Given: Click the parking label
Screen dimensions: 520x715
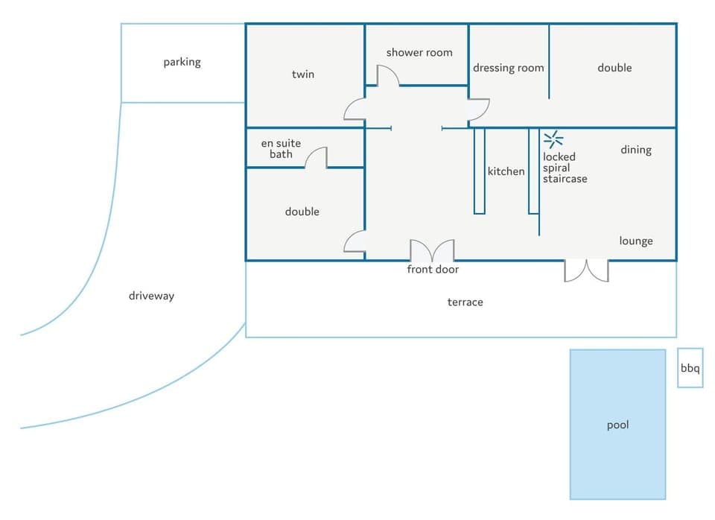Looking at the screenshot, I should click(x=182, y=62).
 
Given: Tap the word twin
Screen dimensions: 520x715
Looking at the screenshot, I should click(x=303, y=74).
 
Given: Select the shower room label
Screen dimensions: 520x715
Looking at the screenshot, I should click(x=419, y=52).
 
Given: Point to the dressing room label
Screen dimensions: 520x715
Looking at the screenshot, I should click(x=509, y=68).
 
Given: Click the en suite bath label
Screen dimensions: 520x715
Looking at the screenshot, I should click(x=281, y=148).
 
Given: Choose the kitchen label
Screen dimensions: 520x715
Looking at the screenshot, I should click(x=506, y=171).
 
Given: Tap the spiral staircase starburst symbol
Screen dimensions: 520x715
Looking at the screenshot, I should click(x=553, y=139).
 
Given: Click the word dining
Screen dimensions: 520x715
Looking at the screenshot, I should click(x=636, y=150).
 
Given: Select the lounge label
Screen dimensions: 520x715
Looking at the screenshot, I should click(x=636, y=241).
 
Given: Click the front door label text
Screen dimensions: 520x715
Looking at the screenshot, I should click(x=433, y=269).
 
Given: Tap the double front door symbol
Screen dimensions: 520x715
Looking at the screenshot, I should click(x=432, y=250).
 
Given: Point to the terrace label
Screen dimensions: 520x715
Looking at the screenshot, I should click(x=465, y=302).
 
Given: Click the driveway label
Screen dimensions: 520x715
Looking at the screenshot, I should click(x=151, y=296).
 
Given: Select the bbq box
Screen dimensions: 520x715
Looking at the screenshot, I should click(x=690, y=368).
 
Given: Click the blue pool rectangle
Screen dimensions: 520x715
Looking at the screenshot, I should click(x=617, y=424).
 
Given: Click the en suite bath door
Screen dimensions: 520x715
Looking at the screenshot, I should click(x=317, y=157).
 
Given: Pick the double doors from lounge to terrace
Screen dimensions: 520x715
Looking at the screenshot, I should click(x=586, y=270).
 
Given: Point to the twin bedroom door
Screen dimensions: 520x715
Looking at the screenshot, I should click(x=355, y=110).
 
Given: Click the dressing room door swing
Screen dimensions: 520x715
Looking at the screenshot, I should click(x=478, y=110).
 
